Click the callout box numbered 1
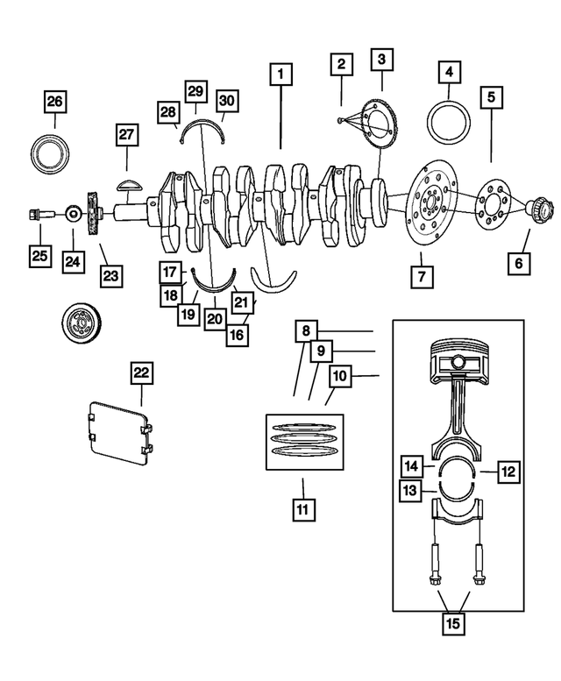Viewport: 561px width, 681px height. [x=280, y=75]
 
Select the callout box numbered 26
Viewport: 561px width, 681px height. [x=55, y=103]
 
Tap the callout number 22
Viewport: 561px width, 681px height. [x=142, y=373]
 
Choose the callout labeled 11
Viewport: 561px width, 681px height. [x=303, y=508]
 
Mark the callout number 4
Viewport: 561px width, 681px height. [x=449, y=72]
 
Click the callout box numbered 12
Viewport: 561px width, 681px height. [x=508, y=472]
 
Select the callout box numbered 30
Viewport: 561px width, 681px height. [x=227, y=103]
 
